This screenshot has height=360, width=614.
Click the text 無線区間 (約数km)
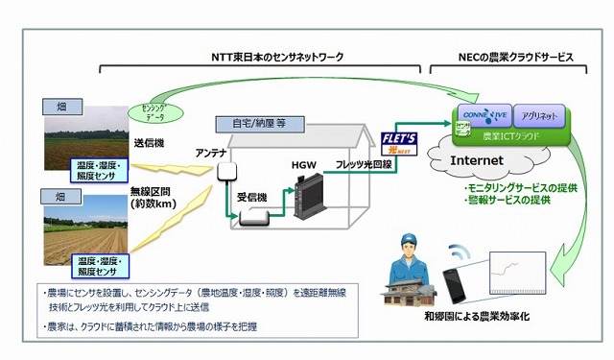[x=153, y=197]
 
